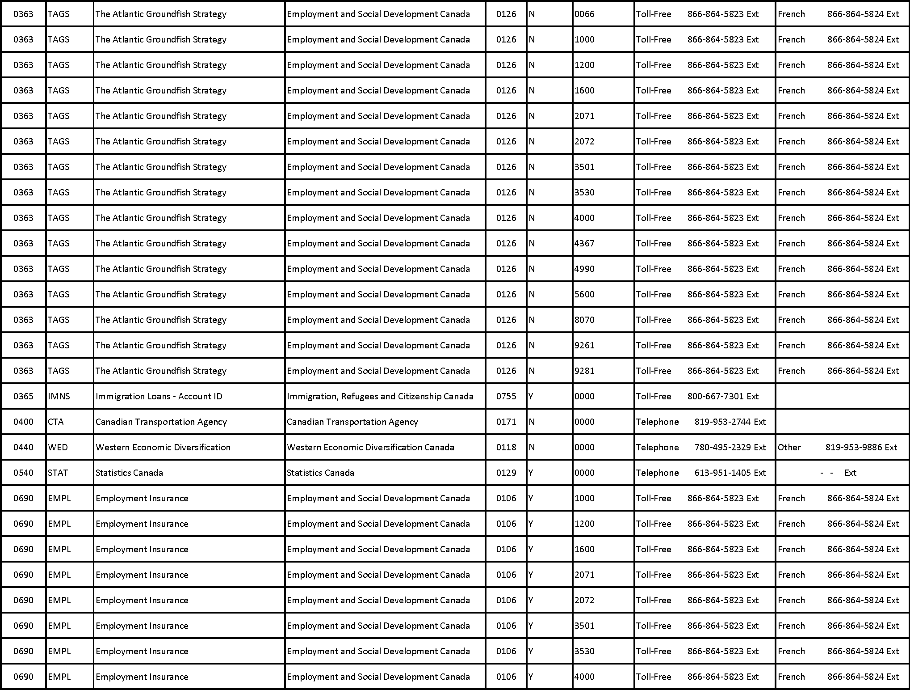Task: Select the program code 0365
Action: point(23,396)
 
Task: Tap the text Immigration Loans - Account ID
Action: point(159,396)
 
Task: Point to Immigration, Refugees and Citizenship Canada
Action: point(380,396)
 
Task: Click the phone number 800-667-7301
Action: point(716,396)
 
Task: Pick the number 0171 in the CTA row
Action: point(506,422)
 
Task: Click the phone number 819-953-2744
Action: point(722,422)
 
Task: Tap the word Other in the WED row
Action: point(789,447)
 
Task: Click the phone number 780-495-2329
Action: point(722,447)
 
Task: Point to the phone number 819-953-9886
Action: point(854,447)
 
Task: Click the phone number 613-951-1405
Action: point(722,473)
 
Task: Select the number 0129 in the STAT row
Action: point(506,473)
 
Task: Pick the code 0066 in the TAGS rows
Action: point(584,14)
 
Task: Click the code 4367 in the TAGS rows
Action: point(584,243)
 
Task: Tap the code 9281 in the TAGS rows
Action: point(584,371)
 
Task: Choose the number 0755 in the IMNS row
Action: point(506,396)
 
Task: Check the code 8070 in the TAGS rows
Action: point(584,320)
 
